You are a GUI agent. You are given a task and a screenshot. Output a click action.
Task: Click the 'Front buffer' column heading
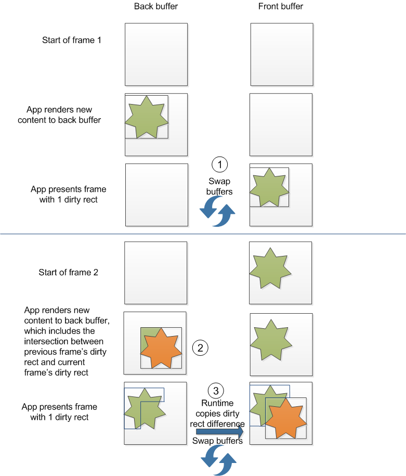[281, 6]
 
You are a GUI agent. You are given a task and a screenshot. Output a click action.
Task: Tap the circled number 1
[220, 165]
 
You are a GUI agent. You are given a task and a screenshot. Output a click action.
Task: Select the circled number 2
[200, 347]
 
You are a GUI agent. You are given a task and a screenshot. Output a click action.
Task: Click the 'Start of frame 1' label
[72, 40]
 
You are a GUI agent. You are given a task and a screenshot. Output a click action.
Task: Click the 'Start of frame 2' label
[68, 273]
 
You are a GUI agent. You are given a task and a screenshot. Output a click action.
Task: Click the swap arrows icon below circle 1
[218, 212]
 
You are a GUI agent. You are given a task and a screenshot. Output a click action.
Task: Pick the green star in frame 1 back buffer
[147, 117]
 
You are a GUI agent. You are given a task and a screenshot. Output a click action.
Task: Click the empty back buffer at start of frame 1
[156, 54]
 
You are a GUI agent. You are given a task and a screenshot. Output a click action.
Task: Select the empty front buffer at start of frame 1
[282, 54]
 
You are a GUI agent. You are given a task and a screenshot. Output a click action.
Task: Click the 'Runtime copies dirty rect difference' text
[217, 414]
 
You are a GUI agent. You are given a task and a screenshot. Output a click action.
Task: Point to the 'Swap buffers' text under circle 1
[219, 186]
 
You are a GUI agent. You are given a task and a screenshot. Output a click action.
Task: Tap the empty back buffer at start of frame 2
[155, 273]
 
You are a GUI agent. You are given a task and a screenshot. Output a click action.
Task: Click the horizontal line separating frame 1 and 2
[203, 235]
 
